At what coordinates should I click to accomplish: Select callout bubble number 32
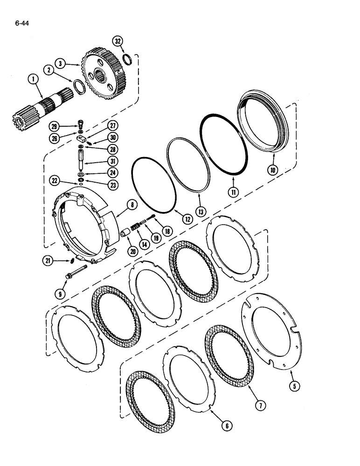[118, 41]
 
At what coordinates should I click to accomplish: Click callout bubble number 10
[272, 170]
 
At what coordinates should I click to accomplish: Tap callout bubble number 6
[227, 425]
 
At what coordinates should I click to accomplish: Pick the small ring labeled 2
[78, 88]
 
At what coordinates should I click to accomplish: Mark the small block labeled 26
[81, 139]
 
